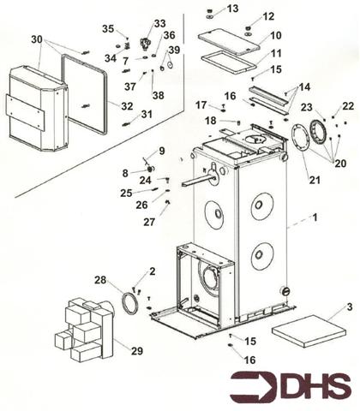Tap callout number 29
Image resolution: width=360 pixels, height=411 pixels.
[x=137, y=351]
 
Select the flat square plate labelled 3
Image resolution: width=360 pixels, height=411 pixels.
[x=309, y=331]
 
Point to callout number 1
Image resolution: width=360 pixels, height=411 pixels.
[x=315, y=217]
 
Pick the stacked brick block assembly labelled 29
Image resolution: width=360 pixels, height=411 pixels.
[x=84, y=330]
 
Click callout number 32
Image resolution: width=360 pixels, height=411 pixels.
[x=127, y=106]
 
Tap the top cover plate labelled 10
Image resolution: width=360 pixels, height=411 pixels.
[x=230, y=42]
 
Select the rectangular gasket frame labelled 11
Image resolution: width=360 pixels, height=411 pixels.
[x=229, y=63]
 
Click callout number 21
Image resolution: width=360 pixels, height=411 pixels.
[x=315, y=180]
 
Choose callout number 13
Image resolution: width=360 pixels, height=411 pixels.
[x=232, y=9]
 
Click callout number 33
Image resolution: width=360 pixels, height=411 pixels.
[x=159, y=23]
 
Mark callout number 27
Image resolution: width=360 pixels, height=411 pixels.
[x=149, y=222]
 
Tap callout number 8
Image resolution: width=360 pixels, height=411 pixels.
[x=125, y=173]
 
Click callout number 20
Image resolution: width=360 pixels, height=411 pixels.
[x=340, y=164]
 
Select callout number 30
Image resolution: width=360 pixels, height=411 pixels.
[x=37, y=39]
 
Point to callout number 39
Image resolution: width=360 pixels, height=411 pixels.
[x=174, y=50]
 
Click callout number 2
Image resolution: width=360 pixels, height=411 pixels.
[x=153, y=271]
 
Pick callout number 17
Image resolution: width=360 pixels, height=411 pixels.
[x=201, y=105]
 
